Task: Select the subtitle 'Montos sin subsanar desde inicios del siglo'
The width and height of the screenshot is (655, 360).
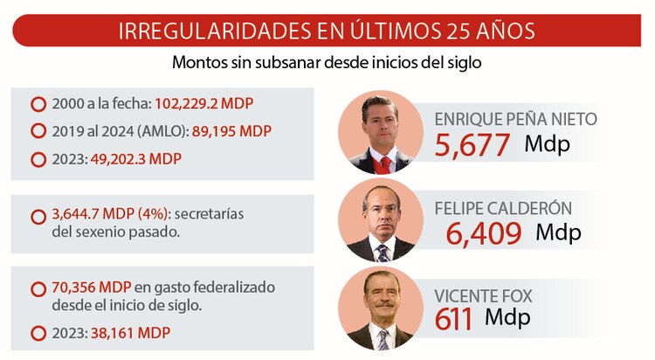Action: (327, 63)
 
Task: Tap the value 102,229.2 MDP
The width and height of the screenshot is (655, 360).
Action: (204, 104)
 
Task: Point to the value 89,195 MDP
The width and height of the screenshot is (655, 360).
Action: (225, 132)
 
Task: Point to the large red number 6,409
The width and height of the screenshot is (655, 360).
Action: (484, 233)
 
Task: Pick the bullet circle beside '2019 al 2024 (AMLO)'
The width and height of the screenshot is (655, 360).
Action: (38, 132)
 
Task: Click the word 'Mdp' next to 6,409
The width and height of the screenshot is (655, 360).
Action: (558, 232)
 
